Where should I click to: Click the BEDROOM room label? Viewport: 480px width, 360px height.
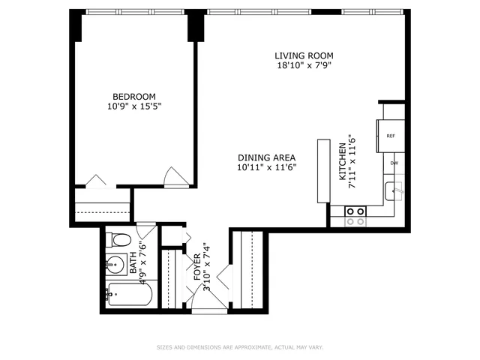click(x=134, y=96)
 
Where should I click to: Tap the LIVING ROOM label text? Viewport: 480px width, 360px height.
click(x=303, y=55)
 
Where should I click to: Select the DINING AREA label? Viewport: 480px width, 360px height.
click(x=266, y=157)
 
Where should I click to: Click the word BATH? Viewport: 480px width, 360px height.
click(x=133, y=263)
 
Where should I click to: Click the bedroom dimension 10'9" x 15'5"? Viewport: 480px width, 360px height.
click(x=134, y=106)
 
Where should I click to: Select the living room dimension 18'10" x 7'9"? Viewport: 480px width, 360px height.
click(x=303, y=66)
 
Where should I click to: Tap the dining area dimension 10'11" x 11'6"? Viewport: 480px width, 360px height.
click(x=266, y=167)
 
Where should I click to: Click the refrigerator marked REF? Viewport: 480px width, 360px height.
click(x=391, y=136)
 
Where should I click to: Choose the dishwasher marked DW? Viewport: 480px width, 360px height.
click(x=393, y=163)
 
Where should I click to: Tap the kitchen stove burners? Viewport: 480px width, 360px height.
click(x=355, y=217)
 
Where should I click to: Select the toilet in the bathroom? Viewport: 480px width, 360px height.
click(x=117, y=241)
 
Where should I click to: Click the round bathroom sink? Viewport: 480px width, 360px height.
click(x=115, y=265)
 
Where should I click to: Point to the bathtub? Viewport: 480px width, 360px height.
click(x=128, y=294)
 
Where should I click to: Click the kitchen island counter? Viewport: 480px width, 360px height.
click(x=323, y=171)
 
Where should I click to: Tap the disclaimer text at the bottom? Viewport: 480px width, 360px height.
click(x=239, y=347)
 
